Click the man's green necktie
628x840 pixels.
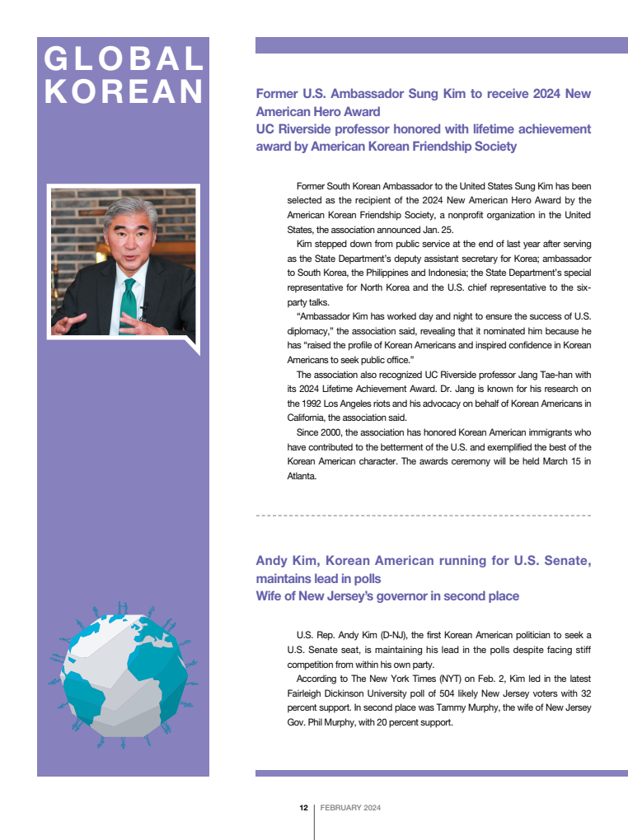tap(129, 306)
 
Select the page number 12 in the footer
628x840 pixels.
tap(303, 808)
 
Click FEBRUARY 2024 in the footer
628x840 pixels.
tap(350, 808)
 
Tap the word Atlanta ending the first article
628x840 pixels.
tap(302, 476)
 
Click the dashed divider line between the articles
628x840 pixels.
tap(423, 516)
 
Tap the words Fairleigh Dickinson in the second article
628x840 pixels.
tap(330, 693)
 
